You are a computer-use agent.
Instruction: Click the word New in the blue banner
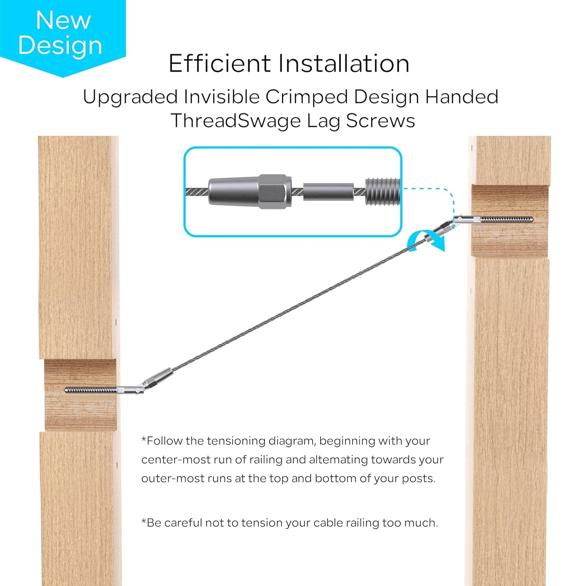point(63,20)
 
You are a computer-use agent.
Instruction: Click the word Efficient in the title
point(220,63)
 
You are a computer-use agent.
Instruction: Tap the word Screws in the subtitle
point(380,121)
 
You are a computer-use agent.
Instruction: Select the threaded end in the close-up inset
point(383,192)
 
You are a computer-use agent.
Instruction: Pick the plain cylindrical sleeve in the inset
point(328,192)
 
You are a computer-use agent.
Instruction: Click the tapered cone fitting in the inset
point(234,192)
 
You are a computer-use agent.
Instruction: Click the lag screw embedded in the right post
point(506,219)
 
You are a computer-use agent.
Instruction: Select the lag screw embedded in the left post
point(91,390)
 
